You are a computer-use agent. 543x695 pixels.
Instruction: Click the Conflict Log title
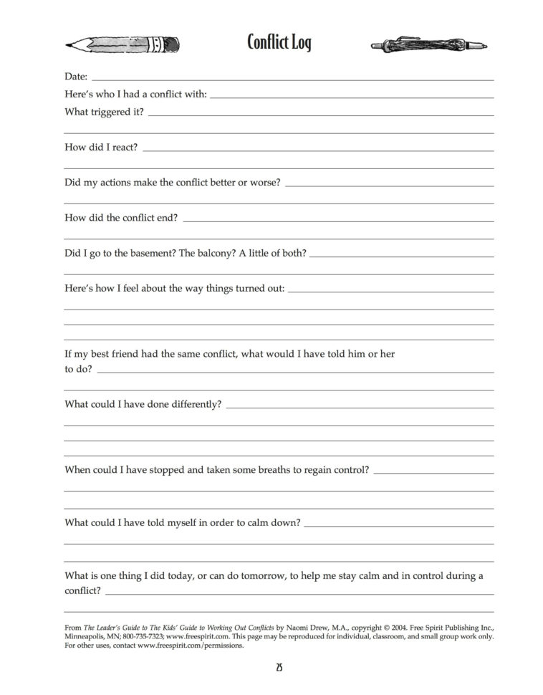click(279, 42)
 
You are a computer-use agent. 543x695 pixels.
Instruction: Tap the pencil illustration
click(121, 44)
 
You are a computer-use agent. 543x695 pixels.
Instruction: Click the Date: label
click(76, 76)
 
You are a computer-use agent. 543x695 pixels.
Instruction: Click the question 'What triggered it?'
click(104, 112)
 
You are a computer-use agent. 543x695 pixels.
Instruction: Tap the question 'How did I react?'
click(101, 147)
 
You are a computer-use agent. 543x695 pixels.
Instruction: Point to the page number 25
click(279, 668)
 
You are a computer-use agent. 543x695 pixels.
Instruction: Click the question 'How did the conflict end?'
click(121, 218)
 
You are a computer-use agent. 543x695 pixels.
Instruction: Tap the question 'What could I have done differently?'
click(143, 404)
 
